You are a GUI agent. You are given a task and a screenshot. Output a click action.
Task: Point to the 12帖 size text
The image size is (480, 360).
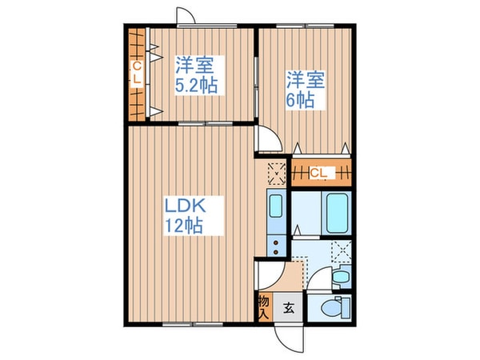click(184, 226)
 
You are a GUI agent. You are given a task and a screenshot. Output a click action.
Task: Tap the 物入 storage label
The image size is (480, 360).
click(263, 306)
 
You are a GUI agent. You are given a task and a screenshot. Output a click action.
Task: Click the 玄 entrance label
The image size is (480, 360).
click(288, 306)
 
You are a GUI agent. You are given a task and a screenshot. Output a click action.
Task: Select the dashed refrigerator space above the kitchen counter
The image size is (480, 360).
click(275, 172)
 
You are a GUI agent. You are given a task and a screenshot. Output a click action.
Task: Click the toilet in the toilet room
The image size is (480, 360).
click(331, 307)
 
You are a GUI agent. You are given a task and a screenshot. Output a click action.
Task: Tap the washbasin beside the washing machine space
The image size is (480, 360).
click(339, 277)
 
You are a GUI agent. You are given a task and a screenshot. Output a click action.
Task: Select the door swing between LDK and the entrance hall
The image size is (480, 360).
click(266, 280)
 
